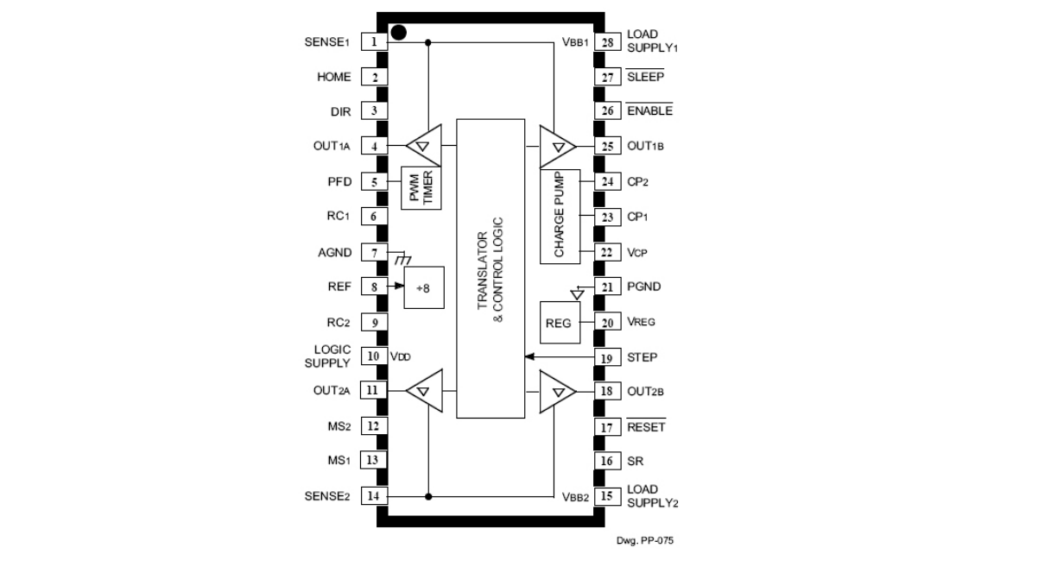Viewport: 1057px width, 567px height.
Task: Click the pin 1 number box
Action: (374, 41)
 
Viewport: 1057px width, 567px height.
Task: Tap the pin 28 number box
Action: (607, 42)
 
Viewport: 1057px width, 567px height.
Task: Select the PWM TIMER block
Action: (421, 188)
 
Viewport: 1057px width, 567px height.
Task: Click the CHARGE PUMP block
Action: (560, 217)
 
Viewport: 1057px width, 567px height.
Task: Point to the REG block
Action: (560, 323)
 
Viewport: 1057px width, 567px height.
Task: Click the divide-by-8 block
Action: (424, 287)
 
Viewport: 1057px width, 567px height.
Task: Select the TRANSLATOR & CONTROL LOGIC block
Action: (491, 268)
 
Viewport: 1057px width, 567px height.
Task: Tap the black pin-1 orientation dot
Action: (399, 33)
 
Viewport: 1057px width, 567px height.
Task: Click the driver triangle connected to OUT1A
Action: (424, 145)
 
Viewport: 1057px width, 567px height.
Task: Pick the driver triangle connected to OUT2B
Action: (558, 392)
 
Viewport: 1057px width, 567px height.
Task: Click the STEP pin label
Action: (642, 357)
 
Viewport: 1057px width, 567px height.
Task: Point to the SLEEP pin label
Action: (645, 77)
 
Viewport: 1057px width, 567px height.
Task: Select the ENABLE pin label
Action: (649, 110)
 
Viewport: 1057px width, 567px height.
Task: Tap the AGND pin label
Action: (334, 252)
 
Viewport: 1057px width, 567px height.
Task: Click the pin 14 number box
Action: (374, 495)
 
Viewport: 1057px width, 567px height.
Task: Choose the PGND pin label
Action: (643, 287)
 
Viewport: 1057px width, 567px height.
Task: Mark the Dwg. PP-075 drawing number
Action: (644, 540)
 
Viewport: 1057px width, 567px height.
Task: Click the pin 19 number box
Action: (607, 357)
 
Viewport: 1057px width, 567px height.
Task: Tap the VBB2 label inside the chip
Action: (575, 497)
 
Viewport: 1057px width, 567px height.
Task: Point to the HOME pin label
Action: (334, 77)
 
